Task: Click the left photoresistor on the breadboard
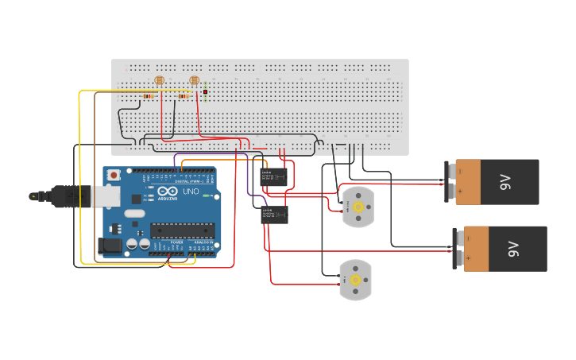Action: pos(159,80)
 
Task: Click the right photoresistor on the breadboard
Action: pos(195,80)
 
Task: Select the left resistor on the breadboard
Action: pos(149,96)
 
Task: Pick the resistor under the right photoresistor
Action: pos(184,96)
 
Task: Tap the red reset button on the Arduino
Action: pos(114,174)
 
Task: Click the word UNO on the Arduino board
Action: pos(191,192)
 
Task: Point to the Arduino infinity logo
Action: pos(168,192)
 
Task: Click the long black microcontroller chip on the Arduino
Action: pos(182,230)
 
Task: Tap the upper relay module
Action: pos(274,177)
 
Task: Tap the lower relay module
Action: pos(275,215)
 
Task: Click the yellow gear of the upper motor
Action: pos(358,207)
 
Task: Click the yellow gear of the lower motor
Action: pos(355,280)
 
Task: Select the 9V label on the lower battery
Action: pos(512,249)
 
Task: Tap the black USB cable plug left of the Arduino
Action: pos(60,195)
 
